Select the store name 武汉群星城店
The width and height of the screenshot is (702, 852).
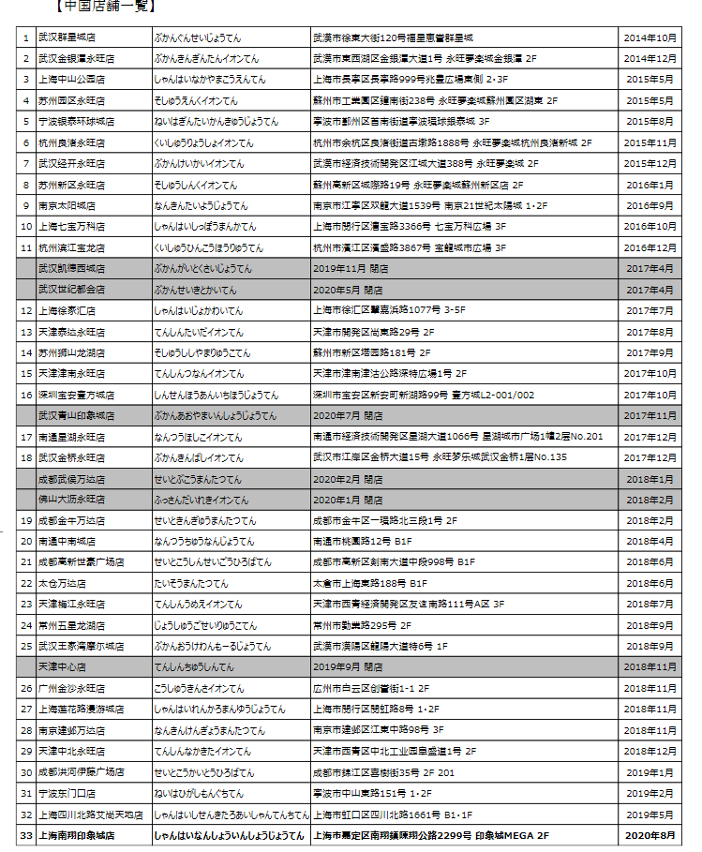67,37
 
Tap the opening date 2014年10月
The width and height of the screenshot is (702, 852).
650,37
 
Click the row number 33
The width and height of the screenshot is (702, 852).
25,834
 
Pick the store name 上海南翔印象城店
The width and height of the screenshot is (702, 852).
76,834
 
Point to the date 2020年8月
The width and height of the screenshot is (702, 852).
650,834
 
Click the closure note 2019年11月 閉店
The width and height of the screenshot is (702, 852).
348,268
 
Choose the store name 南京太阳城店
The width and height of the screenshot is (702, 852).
67,205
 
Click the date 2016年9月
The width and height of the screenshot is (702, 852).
650,205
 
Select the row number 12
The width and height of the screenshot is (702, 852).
25,310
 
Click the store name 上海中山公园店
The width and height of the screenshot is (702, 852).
71,80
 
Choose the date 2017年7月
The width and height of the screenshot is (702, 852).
650,310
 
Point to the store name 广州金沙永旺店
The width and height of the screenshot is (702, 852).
71,688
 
